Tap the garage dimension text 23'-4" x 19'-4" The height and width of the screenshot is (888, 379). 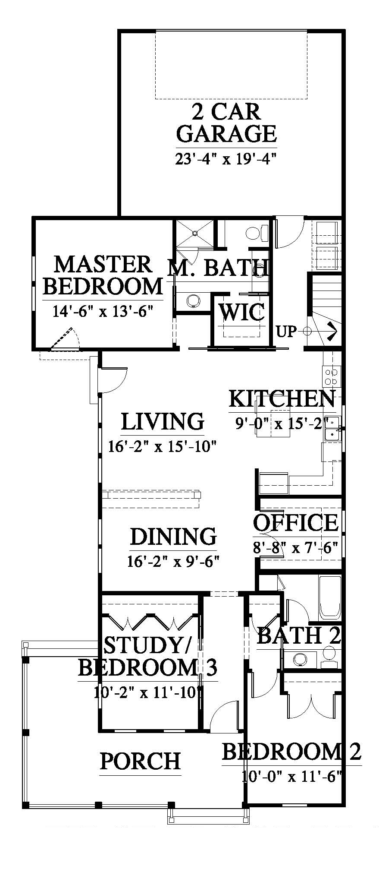pos(226,159)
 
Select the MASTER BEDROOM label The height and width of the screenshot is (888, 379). pos(103,275)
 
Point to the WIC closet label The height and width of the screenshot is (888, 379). pos(242,312)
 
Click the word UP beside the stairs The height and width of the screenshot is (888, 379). pos(287,332)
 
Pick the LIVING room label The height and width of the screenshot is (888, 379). pos(163,421)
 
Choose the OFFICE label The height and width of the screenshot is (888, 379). pos(296,523)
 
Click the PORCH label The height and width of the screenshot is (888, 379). pos(141,761)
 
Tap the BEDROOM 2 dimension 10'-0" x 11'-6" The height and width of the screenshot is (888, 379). pos(292,777)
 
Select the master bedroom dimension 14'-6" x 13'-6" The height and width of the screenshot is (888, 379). pos(103,311)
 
